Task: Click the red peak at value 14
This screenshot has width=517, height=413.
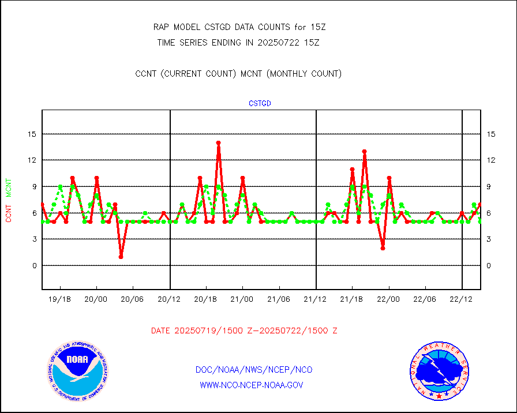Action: coord(219,142)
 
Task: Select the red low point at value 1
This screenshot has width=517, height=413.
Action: coord(121,257)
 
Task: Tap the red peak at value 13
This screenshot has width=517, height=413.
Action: coord(365,152)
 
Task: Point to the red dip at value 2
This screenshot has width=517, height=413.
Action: coord(383,248)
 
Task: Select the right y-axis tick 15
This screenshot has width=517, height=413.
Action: coord(492,134)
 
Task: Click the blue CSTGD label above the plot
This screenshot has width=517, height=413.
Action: coord(260,104)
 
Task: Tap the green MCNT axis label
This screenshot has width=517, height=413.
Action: coord(9,188)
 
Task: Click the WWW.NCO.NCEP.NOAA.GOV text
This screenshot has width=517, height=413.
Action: coord(252,385)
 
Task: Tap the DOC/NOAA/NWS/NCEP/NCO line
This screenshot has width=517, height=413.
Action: coord(254,370)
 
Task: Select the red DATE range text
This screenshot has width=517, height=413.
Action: coord(244,331)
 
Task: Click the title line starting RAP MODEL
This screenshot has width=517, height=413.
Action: coord(238,27)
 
